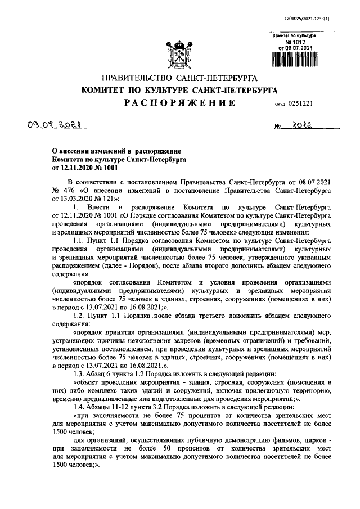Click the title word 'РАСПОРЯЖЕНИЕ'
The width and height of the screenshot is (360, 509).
(x=180, y=103)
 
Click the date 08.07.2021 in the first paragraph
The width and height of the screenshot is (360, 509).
(x=308, y=183)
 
